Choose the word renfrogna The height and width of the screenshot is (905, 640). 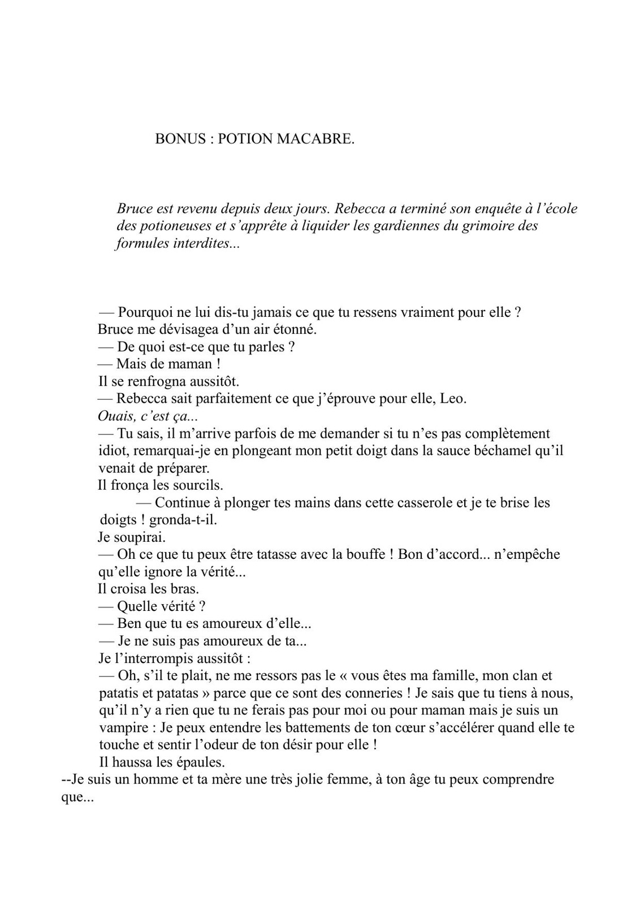point(159,381)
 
